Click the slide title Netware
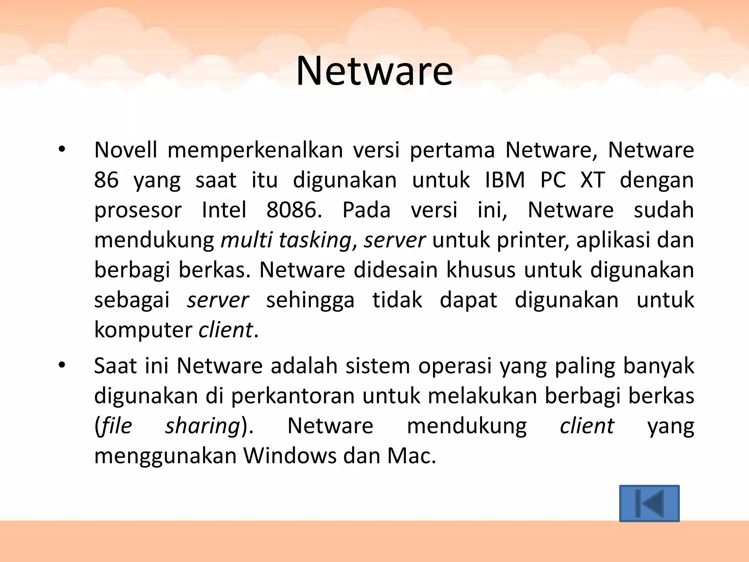click(x=374, y=71)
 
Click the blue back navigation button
click(x=649, y=503)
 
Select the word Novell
click(x=125, y=150)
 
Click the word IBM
click(x=505, y=180)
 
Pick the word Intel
click(x=224, y=210)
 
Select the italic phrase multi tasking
click(x=286, y=241)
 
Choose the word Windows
click(x=290, y=456)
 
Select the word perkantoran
click(x=293, y=396)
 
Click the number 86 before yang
click(x=106, y=180)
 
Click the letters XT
click(x=592, y=180)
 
